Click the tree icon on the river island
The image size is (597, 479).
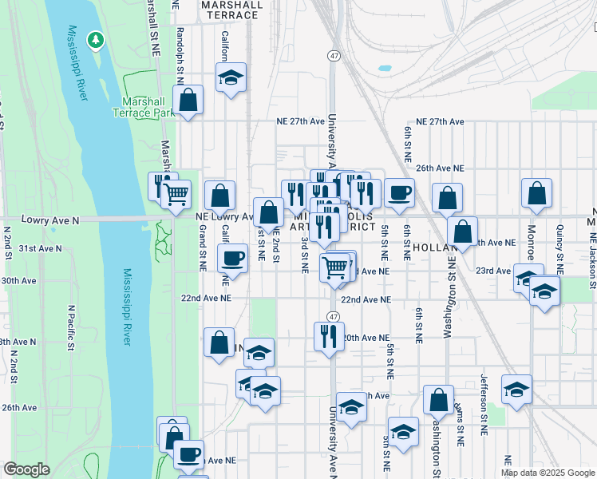(x=96, y=38)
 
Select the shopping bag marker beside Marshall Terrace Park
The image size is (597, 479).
(x=188, y=101)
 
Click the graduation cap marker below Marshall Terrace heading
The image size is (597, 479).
(x=231, y=77)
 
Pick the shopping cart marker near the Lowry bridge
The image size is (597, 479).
(x=176, y=193)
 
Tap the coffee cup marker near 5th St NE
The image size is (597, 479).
(x=399, y=192)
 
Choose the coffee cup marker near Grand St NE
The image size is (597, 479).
(x=232, y=258)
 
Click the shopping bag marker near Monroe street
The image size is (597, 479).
(x=537, y=192)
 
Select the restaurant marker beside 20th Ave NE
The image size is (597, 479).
(x=328, y=336)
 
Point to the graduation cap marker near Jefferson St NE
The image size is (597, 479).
(x=516, y=390)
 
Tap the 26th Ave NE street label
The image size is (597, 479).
(x=439, y=168)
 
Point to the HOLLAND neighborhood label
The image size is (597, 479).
(x=435, y=248)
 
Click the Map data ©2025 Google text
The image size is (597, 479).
(x=548, y=473)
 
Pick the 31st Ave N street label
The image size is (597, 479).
(x=41, y=248)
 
